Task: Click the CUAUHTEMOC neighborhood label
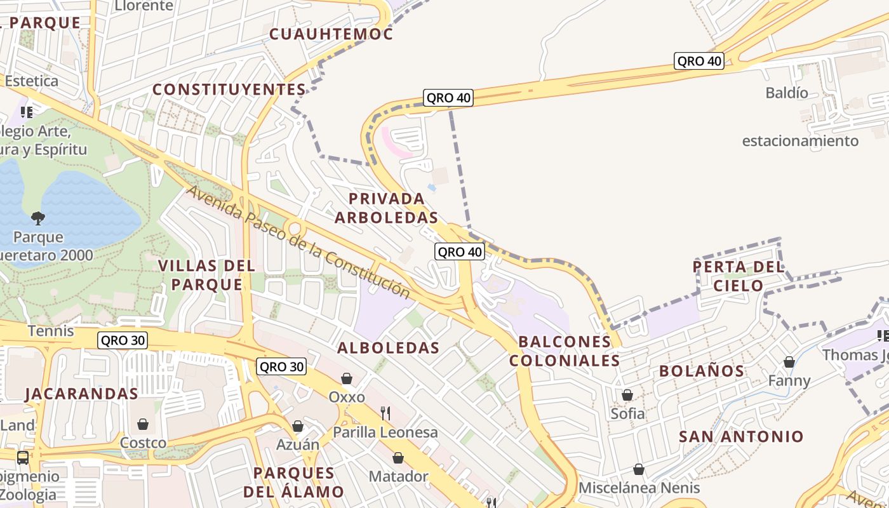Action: pyautogui.click(x=331, y=34)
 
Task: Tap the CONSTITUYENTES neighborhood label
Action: pyautogui.click(x=229, y=90)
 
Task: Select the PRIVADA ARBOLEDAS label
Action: pyautogui.click(x=386, y=208)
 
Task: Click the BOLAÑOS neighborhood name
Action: pyautogui.click(x=702, y=371)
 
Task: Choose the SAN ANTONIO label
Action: pyautogui.click(x=741, y=437)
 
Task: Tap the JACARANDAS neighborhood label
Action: pyautogui.click(x=81, y=394)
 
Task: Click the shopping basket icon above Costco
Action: pyautogui.click(x=143, y=424)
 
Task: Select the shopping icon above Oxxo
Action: pyautogui.click(x=347, y=378)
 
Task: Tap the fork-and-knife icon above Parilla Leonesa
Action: pyautogui.click(x=385, y=413)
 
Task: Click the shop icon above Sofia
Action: pyautogui.click(x=627, y=395)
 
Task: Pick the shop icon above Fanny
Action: pyautogui.click(x=789, y=362)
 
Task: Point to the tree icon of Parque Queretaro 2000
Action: pyautogui.click(x=38, y=218)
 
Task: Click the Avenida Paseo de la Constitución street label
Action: pyautogui.click(x=299, y=243)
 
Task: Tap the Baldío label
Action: pyautogui.click(x=787, y=93)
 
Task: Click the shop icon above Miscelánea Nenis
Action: pyautogui.click(x=639, y=469)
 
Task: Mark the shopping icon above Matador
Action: pyautogui.click(x=398, y=458)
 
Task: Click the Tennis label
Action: pyautogui.click(x=51, y=331)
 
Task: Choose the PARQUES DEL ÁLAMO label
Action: pyautogui.click(x=293, y=482)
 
